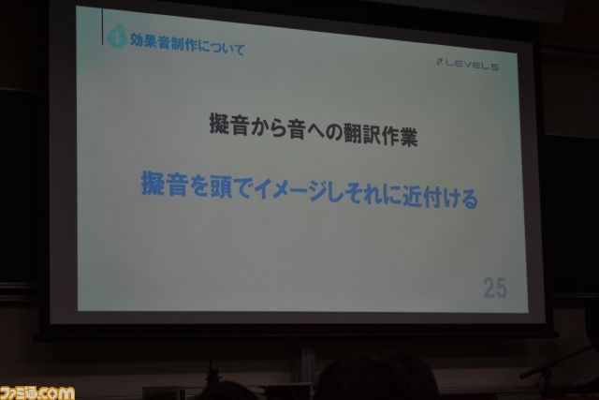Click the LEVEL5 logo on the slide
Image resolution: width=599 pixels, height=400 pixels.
coord(467,65)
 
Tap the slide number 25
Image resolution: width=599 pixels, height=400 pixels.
coord(495,288)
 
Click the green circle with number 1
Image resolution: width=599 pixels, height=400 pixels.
coord(117,37)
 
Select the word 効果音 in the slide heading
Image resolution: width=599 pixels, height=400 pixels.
coord(150,41)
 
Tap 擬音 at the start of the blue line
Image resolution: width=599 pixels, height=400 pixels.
coord(165,184)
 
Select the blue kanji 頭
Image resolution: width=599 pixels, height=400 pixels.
coord(221,187)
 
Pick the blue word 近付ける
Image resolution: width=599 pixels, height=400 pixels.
coord(440,197)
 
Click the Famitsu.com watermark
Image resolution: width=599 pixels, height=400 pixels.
coord(37,393)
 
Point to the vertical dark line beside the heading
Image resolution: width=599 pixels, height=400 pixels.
coord(103,26)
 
